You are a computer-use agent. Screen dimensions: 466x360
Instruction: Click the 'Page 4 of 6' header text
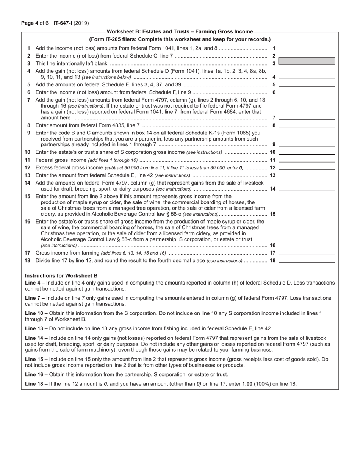point(36,23)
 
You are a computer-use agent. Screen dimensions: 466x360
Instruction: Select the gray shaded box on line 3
point(307,61)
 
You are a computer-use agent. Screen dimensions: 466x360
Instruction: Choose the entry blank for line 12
point(307,167)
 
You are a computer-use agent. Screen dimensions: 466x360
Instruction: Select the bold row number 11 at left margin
point(27,160)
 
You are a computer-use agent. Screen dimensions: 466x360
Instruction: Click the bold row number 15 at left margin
point(27,196)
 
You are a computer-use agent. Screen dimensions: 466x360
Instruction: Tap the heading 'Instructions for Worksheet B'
point(61,275)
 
